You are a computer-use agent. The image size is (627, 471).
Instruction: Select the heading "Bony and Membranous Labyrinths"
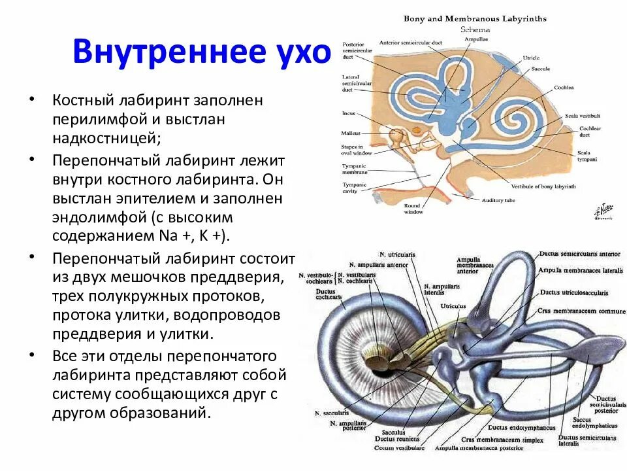tap(475, 19)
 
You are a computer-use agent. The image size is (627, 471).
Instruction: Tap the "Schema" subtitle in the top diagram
tap(475, 29)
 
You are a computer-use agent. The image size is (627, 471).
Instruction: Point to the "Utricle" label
tap(531, 58)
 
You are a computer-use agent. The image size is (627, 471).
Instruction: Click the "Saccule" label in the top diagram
tap(540, 69)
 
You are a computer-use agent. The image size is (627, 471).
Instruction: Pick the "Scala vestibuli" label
tap(585, 116)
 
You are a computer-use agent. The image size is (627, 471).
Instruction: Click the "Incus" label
tap(349, 113)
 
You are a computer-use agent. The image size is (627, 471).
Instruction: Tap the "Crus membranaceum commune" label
tap(581, 311)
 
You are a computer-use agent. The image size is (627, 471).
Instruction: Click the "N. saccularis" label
tap(331, 413)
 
